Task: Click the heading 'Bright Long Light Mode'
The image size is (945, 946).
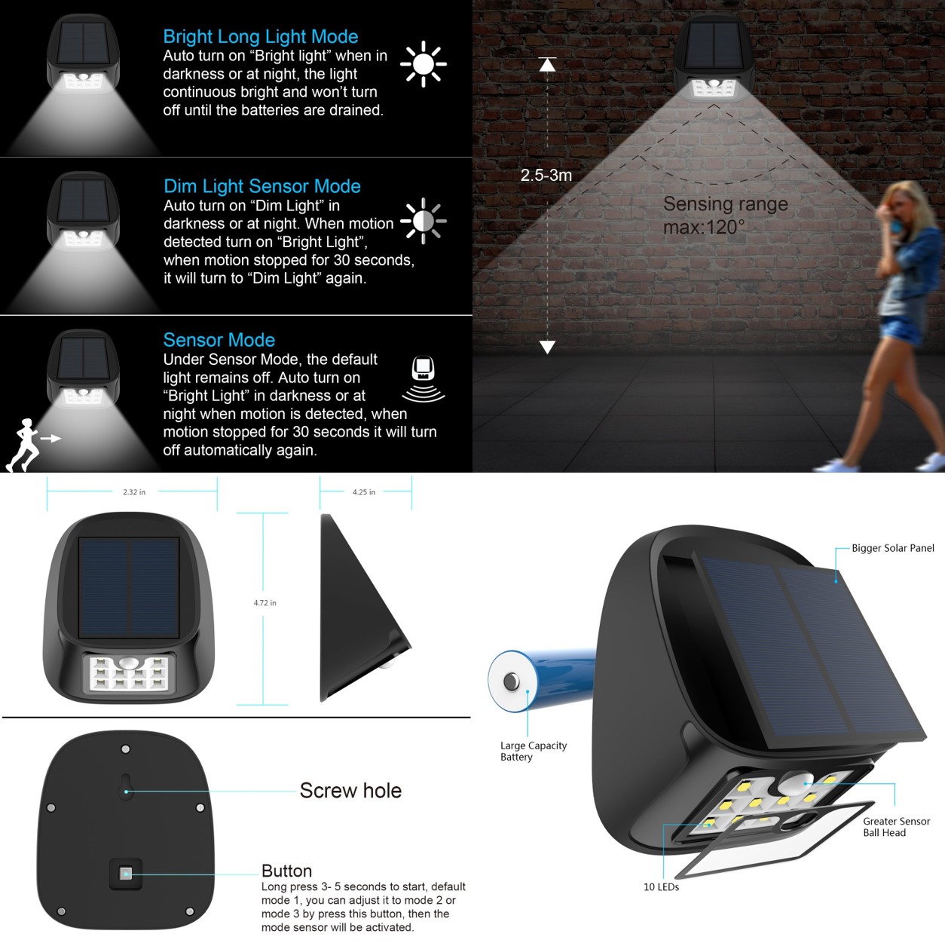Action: [x=261, y=37]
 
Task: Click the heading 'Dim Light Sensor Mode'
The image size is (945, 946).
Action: [x=262, y=186]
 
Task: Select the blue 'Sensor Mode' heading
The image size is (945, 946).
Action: [x=219, y=340]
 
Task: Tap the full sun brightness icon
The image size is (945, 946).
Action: [x=424, y=64]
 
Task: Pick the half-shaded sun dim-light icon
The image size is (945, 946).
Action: [x=424, y=221]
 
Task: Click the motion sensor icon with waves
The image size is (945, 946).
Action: [x=424, y=378]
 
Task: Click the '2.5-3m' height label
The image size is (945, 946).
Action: [x=546, y=176]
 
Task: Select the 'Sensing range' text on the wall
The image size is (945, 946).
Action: [x=725, y=204]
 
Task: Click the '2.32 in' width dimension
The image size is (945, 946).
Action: [x=134, y=492]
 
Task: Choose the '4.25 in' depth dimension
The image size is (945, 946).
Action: [x=364, y=492]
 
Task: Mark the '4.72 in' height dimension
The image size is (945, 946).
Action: [x=265, y=603]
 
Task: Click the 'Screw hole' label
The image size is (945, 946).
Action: [x=350, y=791]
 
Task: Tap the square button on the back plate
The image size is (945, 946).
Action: [x=126, y=874]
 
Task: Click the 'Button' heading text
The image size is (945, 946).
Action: [x=286, y=871]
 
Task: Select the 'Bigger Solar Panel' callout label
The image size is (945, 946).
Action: [x=892, y=548]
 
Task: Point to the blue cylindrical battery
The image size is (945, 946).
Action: [x=540, y=680]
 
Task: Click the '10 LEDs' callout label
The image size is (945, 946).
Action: [x=661, y=886]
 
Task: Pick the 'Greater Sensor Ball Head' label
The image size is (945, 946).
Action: [x=897, y=827]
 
